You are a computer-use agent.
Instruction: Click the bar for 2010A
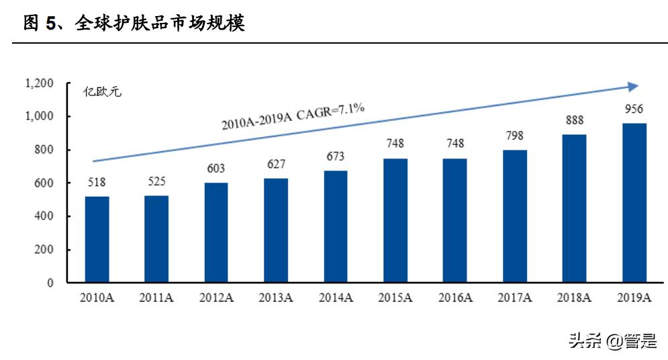coord(97,239)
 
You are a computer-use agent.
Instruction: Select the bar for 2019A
coord(634,203)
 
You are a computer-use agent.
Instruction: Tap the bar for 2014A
coord(336,226)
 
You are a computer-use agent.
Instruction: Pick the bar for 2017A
coord(515,216)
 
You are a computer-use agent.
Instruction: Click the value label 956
coord(634,110)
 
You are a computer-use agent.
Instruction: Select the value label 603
coord(216,169)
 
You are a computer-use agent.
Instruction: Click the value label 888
coord(575,121)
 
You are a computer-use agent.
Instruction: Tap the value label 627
coord(276,165)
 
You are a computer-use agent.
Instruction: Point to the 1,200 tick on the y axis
coord(39,83)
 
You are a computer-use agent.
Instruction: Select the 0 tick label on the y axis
coord(50,283)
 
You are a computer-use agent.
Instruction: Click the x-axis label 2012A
coord(216,298)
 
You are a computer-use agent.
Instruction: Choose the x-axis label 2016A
coord(455,298)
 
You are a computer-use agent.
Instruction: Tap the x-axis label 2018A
coord(575,298)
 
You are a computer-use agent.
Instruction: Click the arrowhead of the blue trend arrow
coord(632,86)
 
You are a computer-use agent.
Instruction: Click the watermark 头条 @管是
coord(612,341)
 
